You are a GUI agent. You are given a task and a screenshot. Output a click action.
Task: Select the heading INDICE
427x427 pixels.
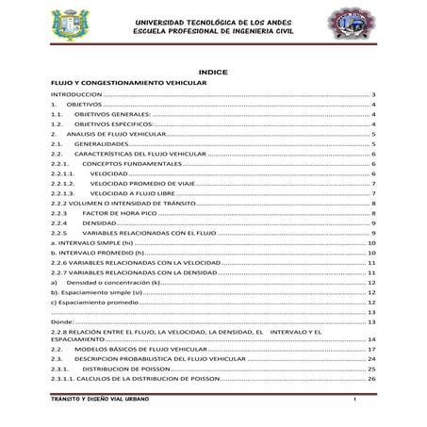[x=213, y=72]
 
